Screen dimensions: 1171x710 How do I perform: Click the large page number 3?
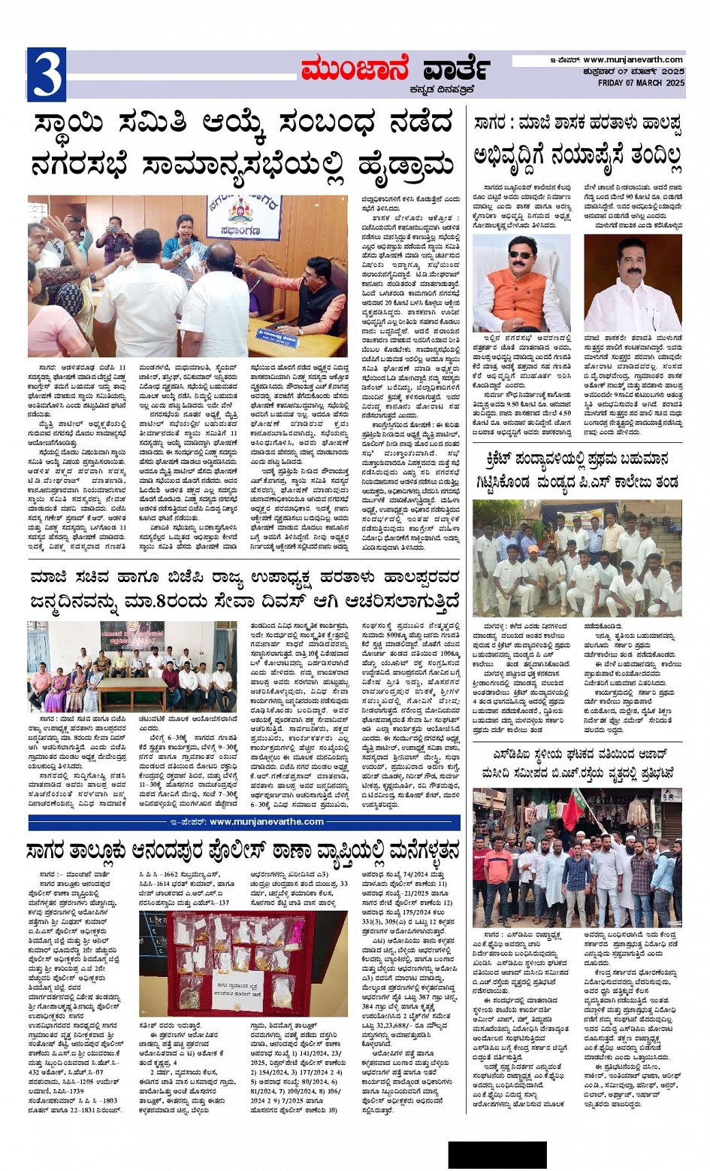[x=47, y=74]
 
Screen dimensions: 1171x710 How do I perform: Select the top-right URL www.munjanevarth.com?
[x=633, y=59]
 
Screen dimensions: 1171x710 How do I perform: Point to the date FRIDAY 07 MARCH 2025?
[x=641, y=83]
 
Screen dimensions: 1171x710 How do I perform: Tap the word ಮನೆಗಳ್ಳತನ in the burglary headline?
[x=413, y=851]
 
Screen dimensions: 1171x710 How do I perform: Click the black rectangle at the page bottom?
[x=497, y=1154]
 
